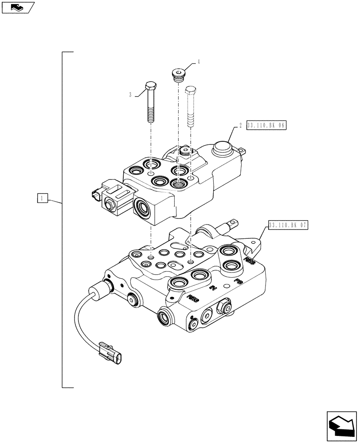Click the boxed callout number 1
(x=41, y=199)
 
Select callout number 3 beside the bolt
(x=130, y=94)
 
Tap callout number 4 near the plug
(x=198, y=62)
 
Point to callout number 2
(x=240, y=126)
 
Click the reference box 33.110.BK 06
(x=266, y=126)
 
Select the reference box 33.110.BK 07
(x=287, y=225)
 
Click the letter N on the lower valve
(x=212, y=288)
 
